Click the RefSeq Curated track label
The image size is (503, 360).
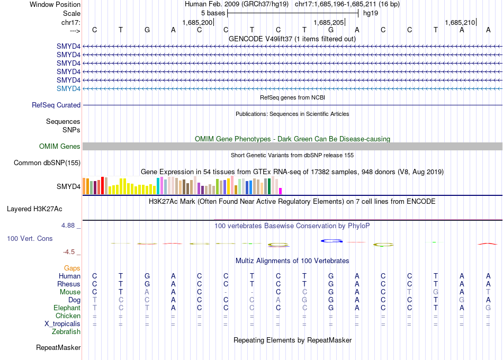pyautogui.click(x=56, y=105)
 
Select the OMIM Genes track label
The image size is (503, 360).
pyautogui.click(x=60, y=146)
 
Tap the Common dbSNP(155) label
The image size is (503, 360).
pyautogui.click(x=47, y=163)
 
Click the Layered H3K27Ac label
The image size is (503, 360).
pyautogui.click(x=44, y=209)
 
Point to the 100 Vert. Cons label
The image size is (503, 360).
pyautogui.click(x=30, y=239)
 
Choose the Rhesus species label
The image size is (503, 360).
pyautogui.click(x=69, y=284)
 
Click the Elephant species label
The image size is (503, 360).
pyautogui.click(x=67, y=308)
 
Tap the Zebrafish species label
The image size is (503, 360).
pyautogui.click(x=66, y=332)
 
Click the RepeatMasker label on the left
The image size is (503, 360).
pyautogui.click(x=58, y=348)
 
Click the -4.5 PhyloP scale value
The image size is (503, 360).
pyautogui.click(x=72, y=252)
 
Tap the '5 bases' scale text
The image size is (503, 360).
pyautogui.click(x=213, y=13)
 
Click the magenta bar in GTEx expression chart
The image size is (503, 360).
pyautogui.click(x=281, y=191)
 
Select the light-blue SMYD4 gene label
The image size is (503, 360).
pyautogui.click(x=69, y=88)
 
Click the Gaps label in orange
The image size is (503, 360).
pyautogui.click(x=72, y=268)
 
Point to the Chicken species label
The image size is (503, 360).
pyautogui.click(x=68, y=316)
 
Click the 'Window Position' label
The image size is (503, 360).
pyautogui.click(x=55, y=4)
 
